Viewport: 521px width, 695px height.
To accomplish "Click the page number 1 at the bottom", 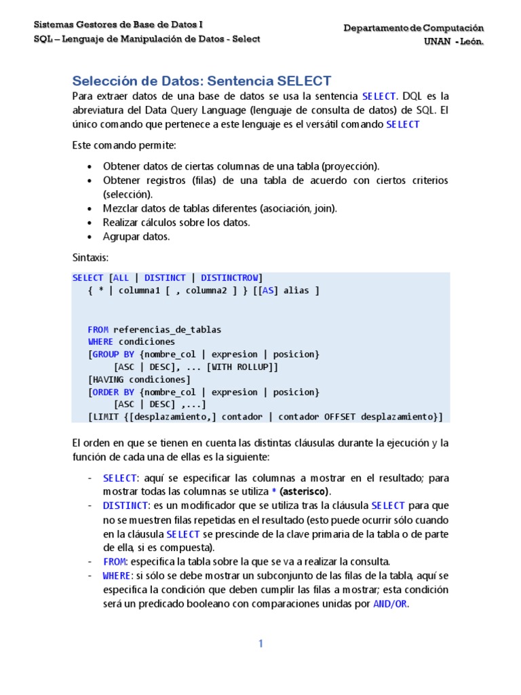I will (260, 644).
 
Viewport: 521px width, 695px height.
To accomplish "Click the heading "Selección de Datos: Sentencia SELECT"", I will (201, 81).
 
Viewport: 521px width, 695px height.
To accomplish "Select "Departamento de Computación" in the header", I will (414, 28).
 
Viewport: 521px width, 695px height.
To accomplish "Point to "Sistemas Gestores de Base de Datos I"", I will (119, 24).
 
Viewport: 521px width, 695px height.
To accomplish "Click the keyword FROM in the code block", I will (98, 329).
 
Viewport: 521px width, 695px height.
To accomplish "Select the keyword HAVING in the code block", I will (109, 379).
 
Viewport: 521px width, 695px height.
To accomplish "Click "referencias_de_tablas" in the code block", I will (167, 329).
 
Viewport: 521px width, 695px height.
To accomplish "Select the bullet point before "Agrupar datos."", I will (91, 237).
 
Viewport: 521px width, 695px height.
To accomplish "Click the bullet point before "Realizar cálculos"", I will (91, 223).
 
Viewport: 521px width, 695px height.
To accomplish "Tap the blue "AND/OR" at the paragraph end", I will (390, 604).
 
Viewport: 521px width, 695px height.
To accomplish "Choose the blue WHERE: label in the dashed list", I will (118, 576).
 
